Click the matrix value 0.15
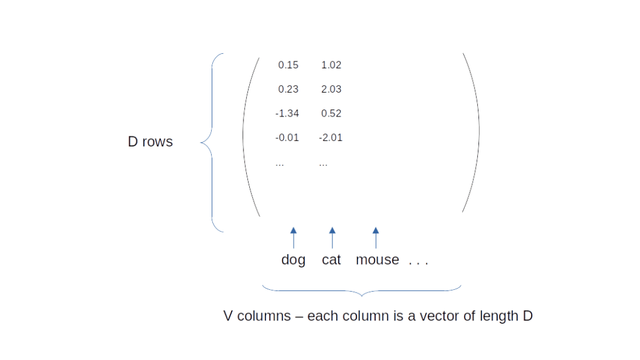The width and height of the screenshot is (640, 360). pos(288,65)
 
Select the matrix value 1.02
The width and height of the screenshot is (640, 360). pos(331,65)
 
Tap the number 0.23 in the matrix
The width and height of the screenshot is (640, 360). pos(288,89)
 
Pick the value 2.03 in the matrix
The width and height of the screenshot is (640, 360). pos(331,89)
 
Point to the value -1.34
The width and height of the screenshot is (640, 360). pos(287,113)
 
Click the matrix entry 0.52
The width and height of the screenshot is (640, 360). pos(331,113)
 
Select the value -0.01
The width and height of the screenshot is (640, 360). pos(287,137)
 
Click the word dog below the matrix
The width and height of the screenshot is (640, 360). pos(293,260)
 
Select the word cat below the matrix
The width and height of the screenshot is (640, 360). pos(331,260)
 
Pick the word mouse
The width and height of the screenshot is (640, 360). pos(377,260)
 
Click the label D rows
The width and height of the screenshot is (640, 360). pos(150,142)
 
